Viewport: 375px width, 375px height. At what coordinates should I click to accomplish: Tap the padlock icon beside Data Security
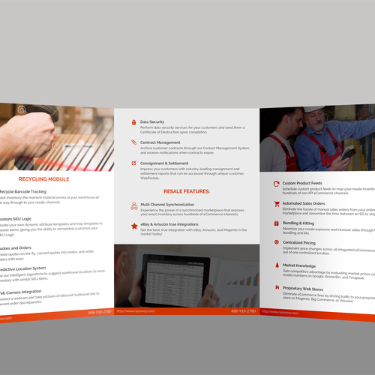133,121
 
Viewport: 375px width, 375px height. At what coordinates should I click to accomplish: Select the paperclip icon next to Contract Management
133,142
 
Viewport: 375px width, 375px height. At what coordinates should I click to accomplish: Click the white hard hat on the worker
310,109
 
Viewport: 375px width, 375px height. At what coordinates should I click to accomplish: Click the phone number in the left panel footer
97,310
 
